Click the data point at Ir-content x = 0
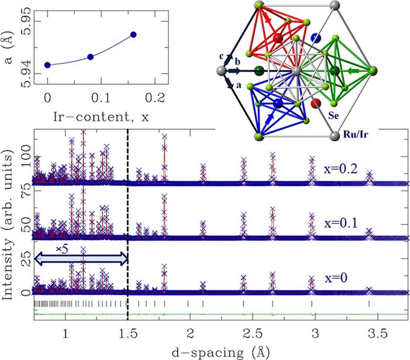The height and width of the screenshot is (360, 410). [x=48, y=65]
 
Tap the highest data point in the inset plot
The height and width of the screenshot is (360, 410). [x=134, y=35]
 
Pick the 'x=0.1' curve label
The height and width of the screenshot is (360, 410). [x=340, y=225]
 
